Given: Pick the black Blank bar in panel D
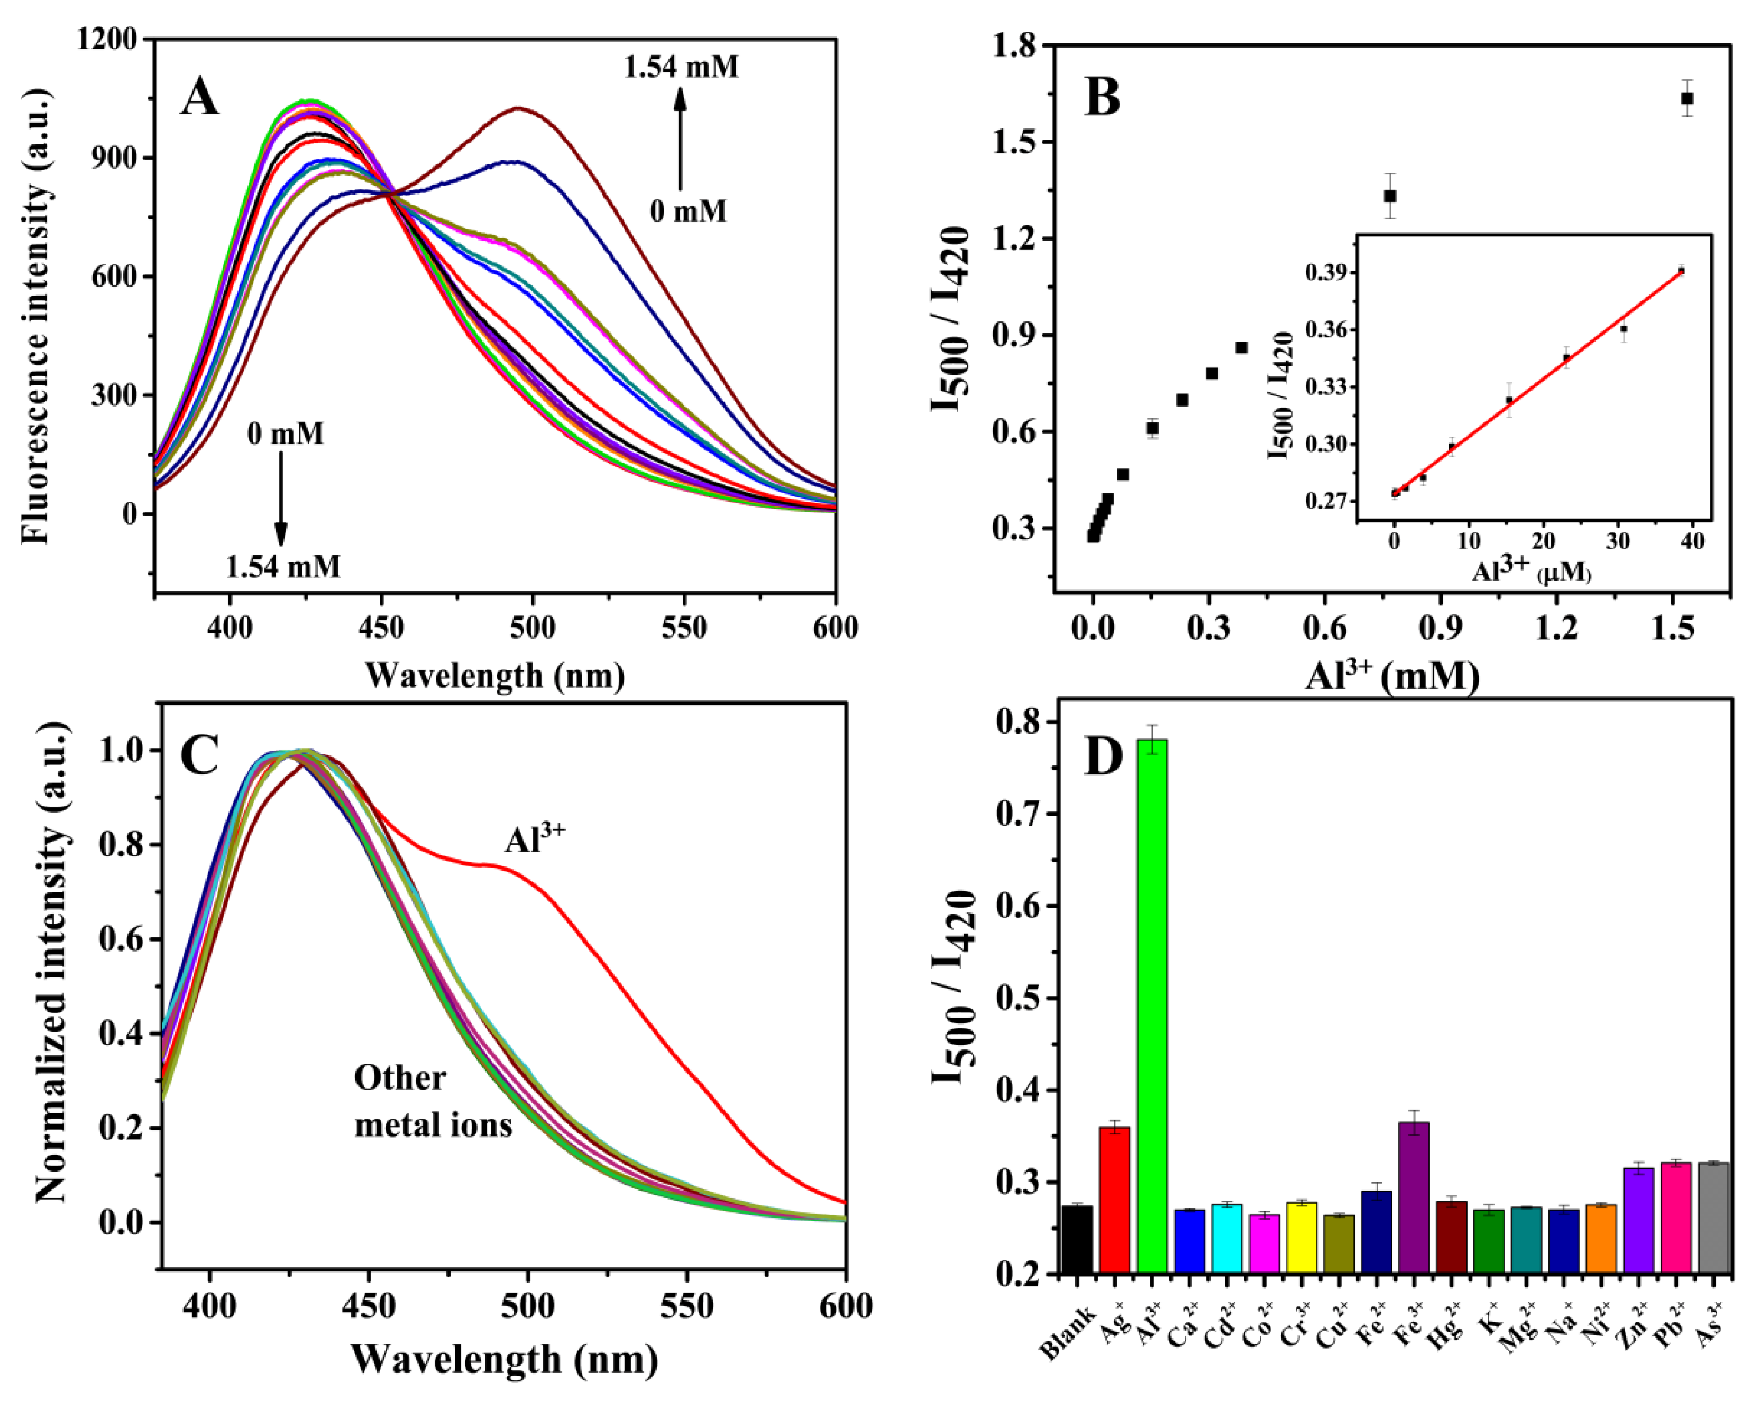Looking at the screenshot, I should point(1077,1239).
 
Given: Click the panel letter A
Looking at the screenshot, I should point(200,98).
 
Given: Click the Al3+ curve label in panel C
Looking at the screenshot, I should point(534,838).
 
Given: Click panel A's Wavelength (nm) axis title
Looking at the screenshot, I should point(494,676).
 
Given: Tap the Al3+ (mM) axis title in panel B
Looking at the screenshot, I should point(1392,676).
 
